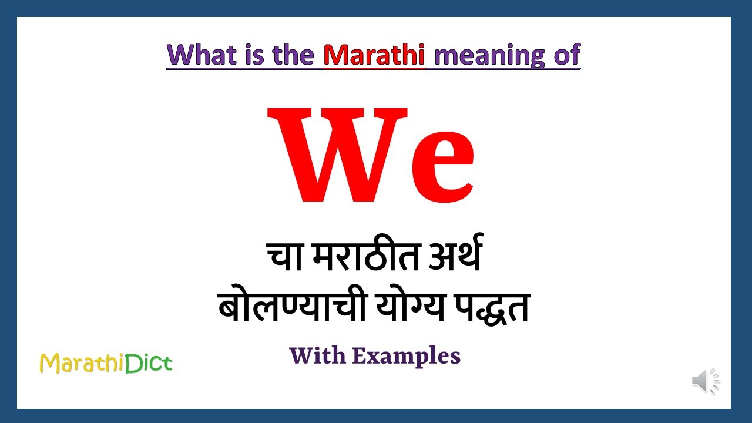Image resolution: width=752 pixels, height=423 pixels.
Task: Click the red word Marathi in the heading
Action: click(x=374, y=55)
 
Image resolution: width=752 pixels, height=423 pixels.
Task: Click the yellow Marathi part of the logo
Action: click(x=82, y=364)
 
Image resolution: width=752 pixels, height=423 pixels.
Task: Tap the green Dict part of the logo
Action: click(x=149, y=363)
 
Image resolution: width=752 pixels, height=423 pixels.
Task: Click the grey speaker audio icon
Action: click(x=705, y=381)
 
